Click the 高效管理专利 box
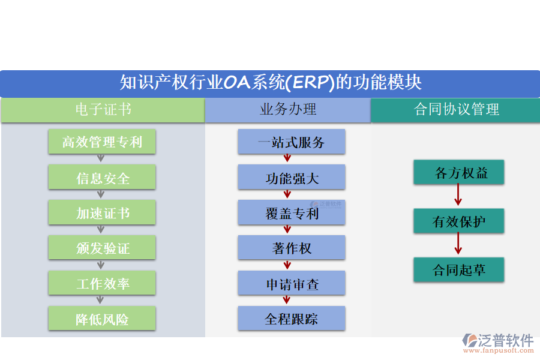coord(102,142)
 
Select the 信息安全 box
coord(102,178)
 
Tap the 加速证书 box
coord(102,213)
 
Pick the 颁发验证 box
coord(102,248)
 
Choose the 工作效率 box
coord(102,283)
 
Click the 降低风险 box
coord(102,319)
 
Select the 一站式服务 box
coord(291,142)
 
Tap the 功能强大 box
coord(291,178)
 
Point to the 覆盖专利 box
coord(291,213)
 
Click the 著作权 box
coord(291,248)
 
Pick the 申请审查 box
coord(291,283)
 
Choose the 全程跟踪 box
coord(291,319)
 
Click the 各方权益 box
coord(458,173)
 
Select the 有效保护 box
coord(458,221)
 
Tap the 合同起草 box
coord(458,270)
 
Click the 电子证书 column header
coord(102,110)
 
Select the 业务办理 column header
coord(287,110)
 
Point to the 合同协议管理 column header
coord(455,110)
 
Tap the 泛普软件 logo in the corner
coord(497,342)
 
